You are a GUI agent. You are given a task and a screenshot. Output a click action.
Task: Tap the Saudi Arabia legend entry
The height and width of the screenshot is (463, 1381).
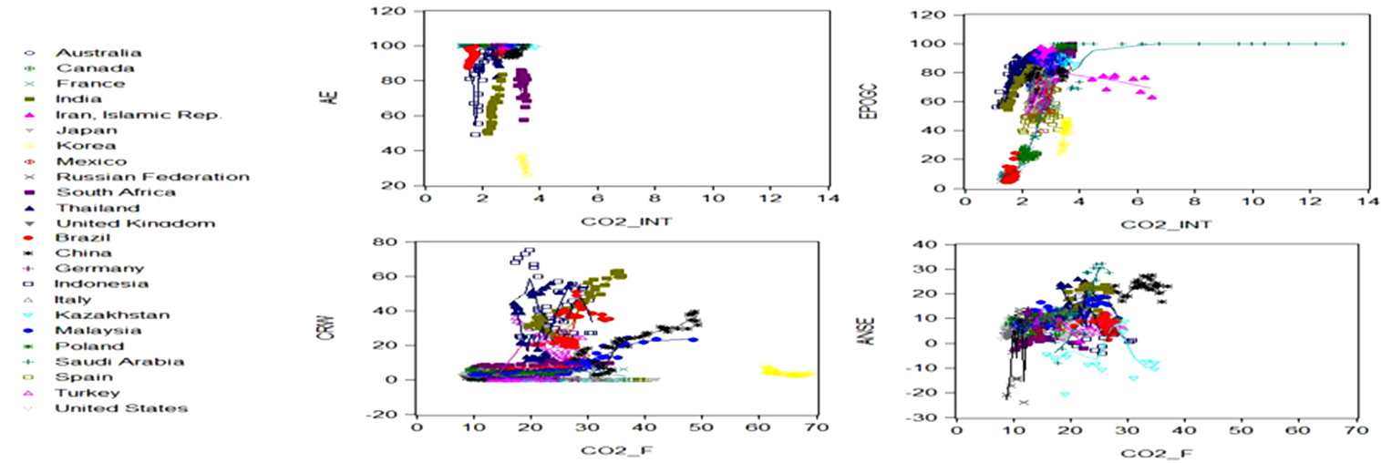click(x=119, y=362)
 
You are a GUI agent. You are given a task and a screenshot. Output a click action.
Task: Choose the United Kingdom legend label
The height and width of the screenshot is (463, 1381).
click(x=135, y=223)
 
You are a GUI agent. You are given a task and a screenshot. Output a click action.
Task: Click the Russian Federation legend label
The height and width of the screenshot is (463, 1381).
click(x=152, y=177)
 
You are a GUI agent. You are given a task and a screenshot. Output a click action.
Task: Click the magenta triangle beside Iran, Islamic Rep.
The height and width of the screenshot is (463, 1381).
click(x=30, y=115)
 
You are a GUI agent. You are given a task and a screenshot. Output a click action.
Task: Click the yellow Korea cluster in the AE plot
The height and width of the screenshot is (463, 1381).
click(x=523, y=164)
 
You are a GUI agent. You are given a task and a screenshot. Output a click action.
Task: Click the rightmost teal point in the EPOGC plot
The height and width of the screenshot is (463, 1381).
click(x=1343, y=44)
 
